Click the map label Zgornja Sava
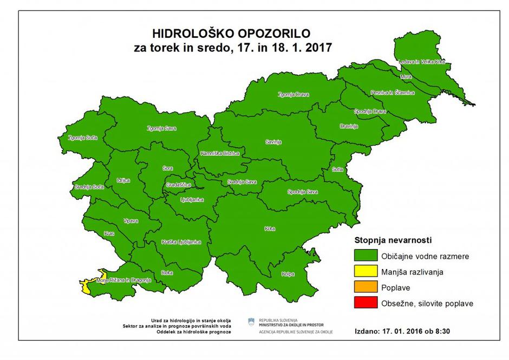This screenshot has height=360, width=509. tap(162, 129)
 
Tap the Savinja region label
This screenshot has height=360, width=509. tap(273, 142)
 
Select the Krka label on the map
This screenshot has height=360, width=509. tap(270, 229)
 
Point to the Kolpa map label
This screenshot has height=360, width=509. tap(288, 274)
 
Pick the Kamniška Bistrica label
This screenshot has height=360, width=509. tap(219, 154)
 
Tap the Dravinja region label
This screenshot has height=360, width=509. tap(349, 126)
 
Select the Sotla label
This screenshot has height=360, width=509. tap(338, 169)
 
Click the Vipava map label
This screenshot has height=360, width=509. tap(131, 221)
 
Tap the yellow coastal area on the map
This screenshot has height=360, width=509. tap(87, 285)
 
